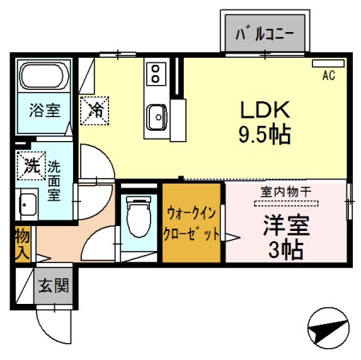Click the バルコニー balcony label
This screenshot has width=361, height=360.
tap(264, 34)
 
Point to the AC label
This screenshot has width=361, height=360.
tap(328, 76)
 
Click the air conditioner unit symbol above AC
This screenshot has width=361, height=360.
tap(327, 63)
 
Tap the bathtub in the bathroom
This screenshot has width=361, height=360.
tap(45, 78)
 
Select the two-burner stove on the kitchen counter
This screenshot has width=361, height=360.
tap(154, 75)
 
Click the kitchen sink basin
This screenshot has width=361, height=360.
tap(155, 118)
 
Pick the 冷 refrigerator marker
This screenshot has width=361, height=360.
tap(95, 107)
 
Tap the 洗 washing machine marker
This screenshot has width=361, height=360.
tap(30, 168)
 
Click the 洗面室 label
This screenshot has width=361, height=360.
tap(54, 181)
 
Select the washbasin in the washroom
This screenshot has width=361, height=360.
tap(28, 205)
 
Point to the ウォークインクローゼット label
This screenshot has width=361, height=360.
tap(193, 224)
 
